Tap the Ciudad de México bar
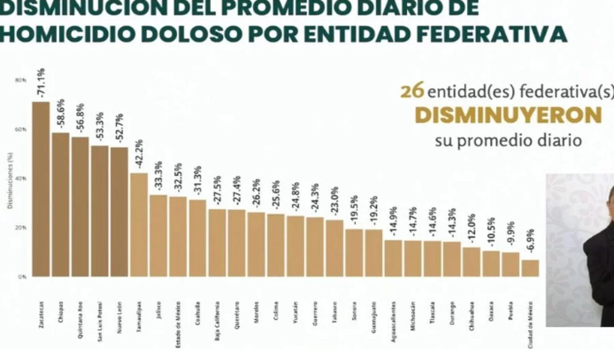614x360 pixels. (x=530, y=268)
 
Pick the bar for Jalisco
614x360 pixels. (x=158, y=236)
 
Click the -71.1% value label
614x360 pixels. (x=42, y=83)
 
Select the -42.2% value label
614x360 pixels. (x=140, y=155)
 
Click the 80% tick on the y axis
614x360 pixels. (x=21, y=80)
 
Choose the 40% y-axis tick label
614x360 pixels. (x=21, y=179)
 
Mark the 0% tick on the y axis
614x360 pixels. (x=22, y=277)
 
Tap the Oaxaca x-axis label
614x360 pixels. (x=491, y=310)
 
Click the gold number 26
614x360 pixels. (x=412, y=91)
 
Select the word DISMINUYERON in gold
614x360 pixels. (x=507, y=115)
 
